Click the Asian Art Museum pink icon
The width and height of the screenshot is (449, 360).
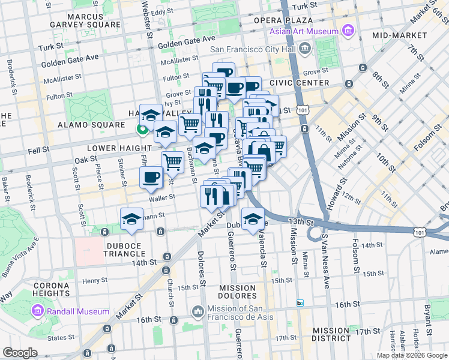click(347, 30)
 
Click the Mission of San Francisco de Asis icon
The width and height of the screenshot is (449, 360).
click(198, 312)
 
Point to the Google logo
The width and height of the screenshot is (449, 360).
click(20, 353)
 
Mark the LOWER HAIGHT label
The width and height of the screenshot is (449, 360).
click(119, 148)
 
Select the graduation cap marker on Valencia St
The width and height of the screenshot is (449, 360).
click(253, 218)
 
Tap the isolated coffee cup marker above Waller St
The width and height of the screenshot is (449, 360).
click(151, 177)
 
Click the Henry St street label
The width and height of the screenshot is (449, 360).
click(94, 280)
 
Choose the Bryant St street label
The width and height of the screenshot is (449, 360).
click(427, 316)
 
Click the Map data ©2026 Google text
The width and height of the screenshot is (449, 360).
click(411, 355)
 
